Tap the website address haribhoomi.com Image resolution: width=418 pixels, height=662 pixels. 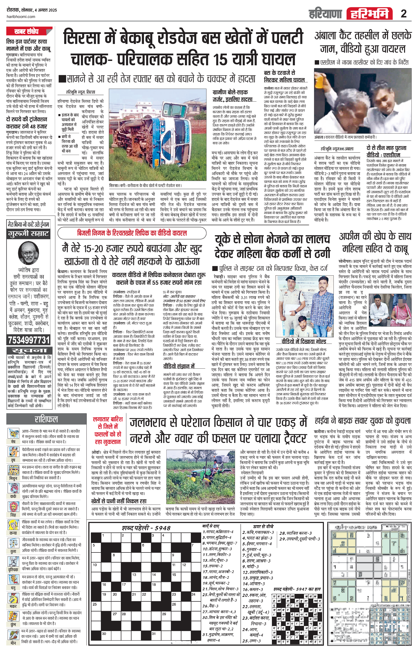coord(21,17)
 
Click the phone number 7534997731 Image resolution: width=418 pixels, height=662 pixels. coord(29,340)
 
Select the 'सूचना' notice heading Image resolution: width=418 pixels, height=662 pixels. coord(29,351)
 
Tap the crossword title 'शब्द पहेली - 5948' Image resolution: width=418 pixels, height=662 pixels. coord(146,528)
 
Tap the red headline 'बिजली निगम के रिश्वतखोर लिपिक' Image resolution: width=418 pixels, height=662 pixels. coord(132,233)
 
